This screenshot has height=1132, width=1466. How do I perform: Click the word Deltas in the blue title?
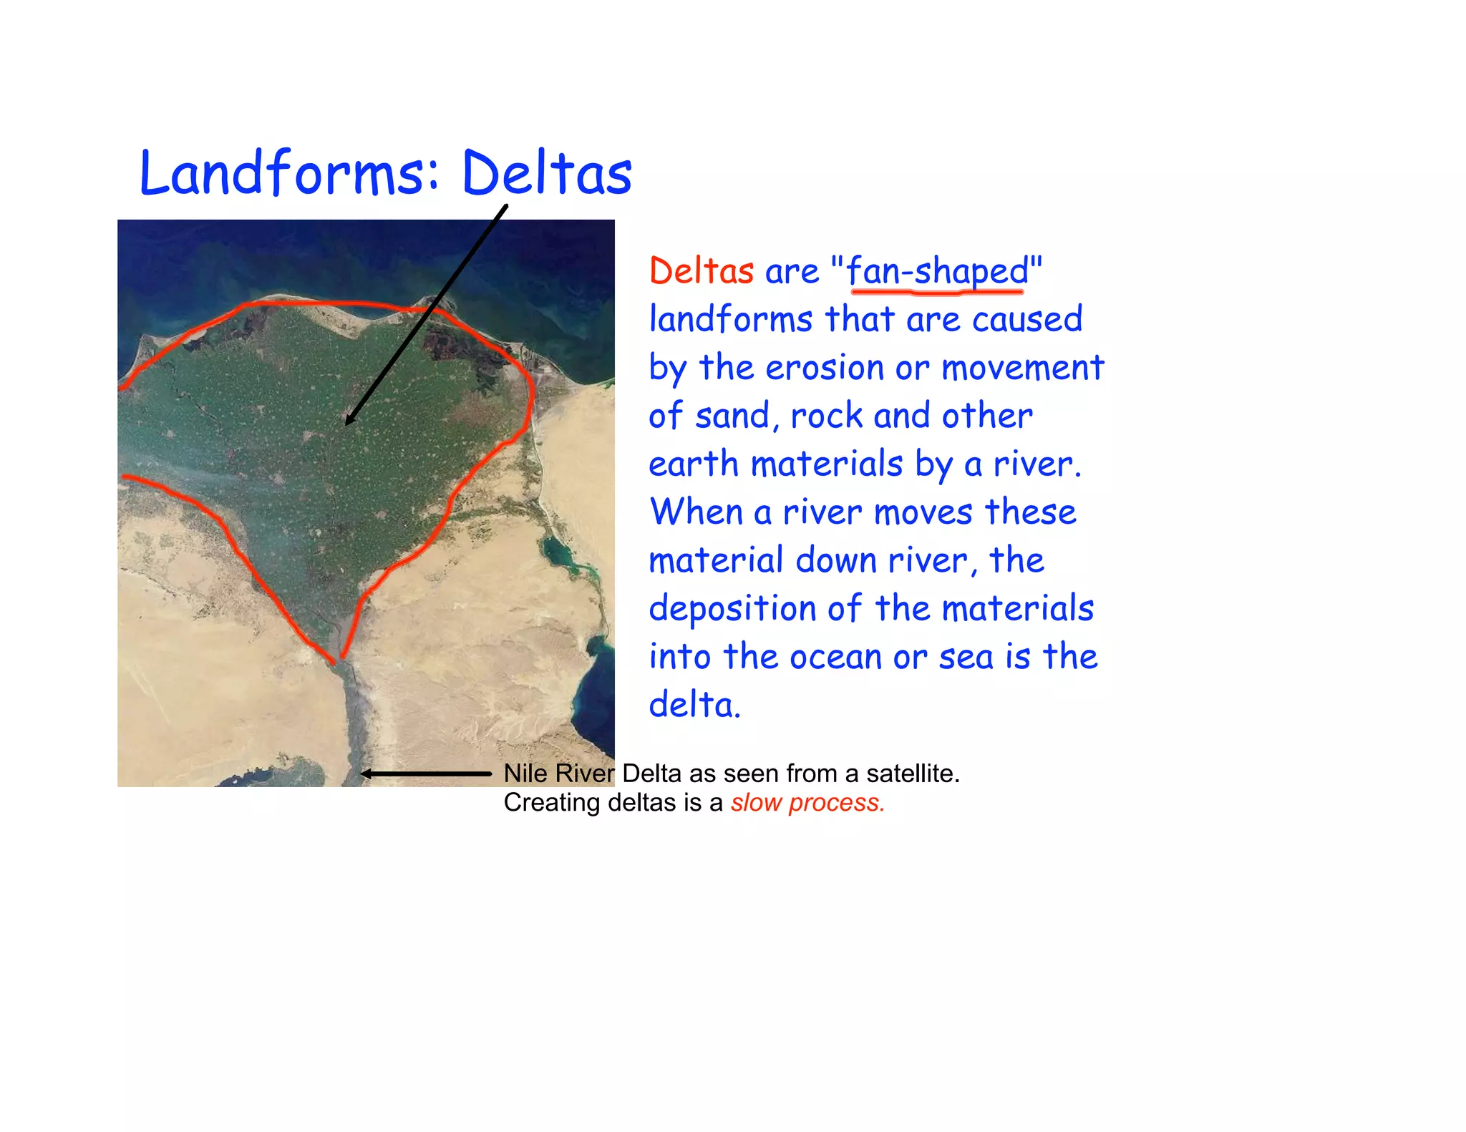coord(547,173)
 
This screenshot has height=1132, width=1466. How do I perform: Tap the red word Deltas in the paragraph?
coord(701,271)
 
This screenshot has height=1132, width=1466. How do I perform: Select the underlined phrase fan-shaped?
coord(937,271)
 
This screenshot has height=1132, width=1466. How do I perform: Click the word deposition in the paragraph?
coord(732,609)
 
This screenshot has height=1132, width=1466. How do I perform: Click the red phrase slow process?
coord(807,803)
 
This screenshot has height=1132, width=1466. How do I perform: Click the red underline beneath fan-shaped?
coord(937,291)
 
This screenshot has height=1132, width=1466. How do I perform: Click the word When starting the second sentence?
coord(695,512)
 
